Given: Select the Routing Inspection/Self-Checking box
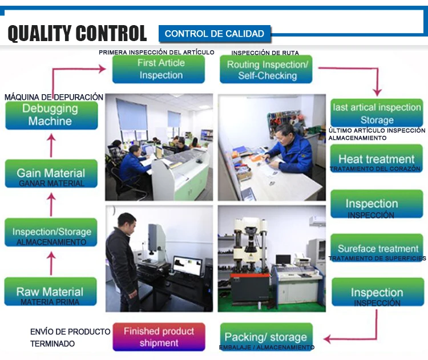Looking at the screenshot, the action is (267, 70).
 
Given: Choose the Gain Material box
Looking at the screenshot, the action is (51, 173).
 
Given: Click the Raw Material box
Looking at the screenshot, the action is (50, 292).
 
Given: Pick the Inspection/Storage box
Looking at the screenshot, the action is (51, 232).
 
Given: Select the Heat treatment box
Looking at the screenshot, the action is (376, 159).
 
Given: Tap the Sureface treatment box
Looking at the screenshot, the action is (377, 248).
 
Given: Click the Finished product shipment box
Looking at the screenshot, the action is (159, 337).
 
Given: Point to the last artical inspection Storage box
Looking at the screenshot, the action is (377, 113).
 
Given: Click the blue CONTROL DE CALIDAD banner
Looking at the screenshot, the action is (215, 34).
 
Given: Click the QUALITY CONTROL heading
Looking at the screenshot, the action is (77, 33).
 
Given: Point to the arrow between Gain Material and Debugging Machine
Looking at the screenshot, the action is (51, 145).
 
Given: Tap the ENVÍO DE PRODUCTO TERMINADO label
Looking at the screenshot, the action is (70, 337).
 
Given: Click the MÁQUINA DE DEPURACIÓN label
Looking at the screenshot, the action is (54, 97).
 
